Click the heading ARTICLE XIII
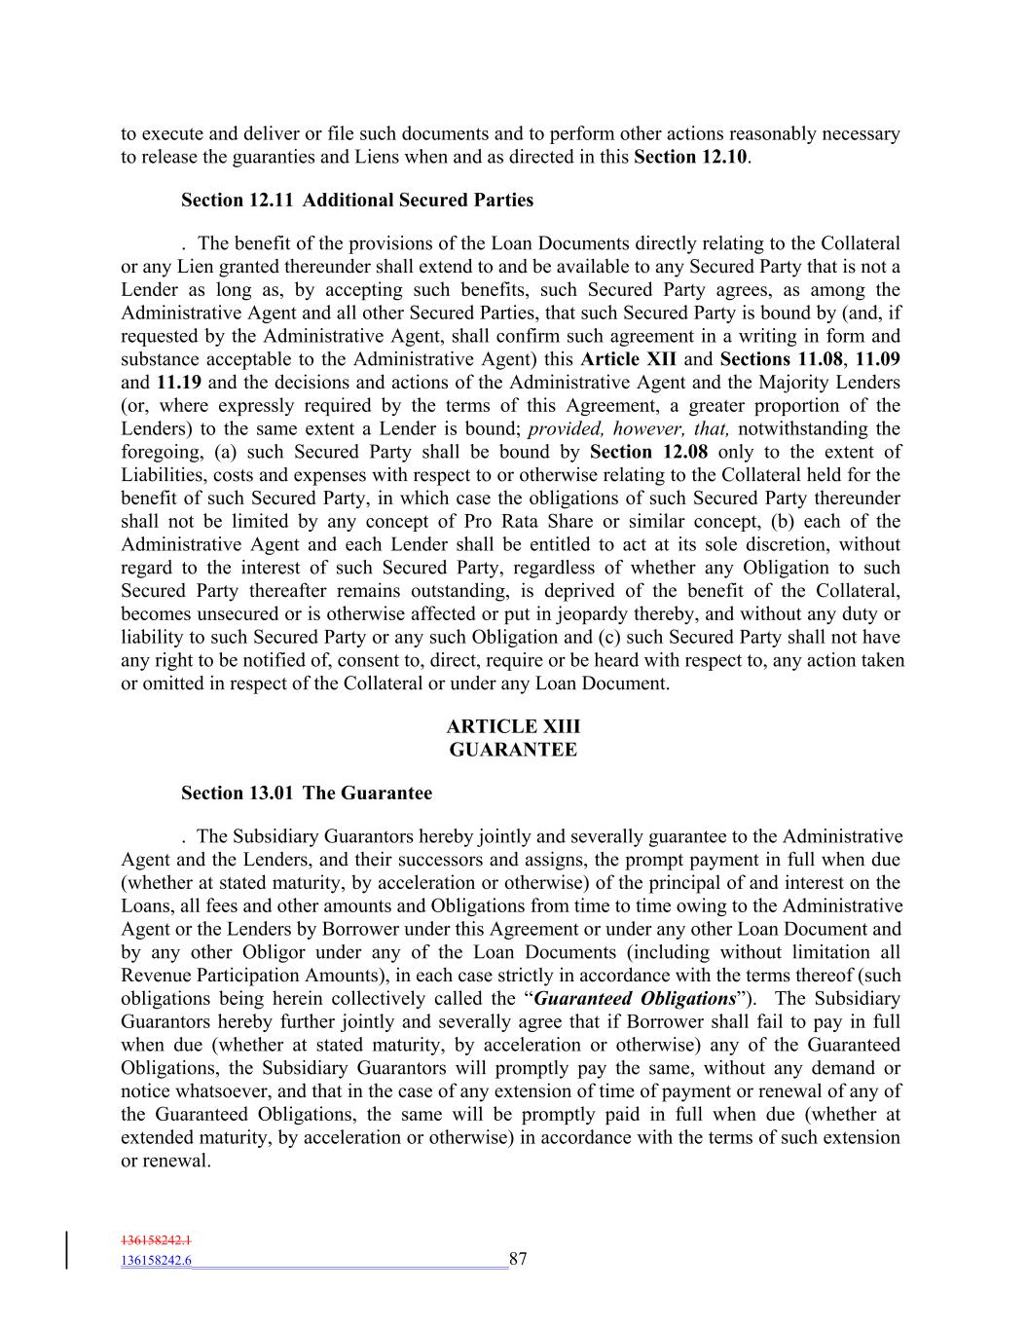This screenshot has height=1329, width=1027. pos(513,726)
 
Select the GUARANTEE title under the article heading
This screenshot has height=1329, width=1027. pos(513,750)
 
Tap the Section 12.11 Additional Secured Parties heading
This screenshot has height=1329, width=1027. pos(357,201)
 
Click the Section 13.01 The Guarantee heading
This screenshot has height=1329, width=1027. pos(307,794)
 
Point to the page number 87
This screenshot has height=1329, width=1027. pos(518,1259)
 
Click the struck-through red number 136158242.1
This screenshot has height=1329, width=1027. pos(156,1240)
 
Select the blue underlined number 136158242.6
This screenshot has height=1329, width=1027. pos(156,1260)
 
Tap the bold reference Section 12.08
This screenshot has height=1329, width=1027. pos(649,452)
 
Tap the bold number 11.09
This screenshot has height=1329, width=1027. pos(878,359)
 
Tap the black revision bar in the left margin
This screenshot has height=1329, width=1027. pos(67,1250)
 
